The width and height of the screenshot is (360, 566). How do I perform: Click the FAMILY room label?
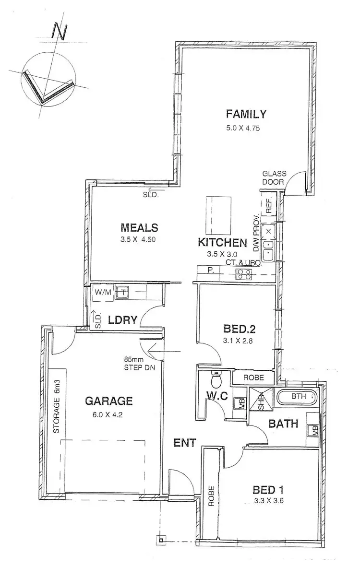point(246,114)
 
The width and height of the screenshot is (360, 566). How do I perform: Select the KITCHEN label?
point(224,243)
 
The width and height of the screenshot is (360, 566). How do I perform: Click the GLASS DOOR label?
point(274,178)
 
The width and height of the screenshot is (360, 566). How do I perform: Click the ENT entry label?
point(184,443)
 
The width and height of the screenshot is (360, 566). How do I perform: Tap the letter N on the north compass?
point(60,32)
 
